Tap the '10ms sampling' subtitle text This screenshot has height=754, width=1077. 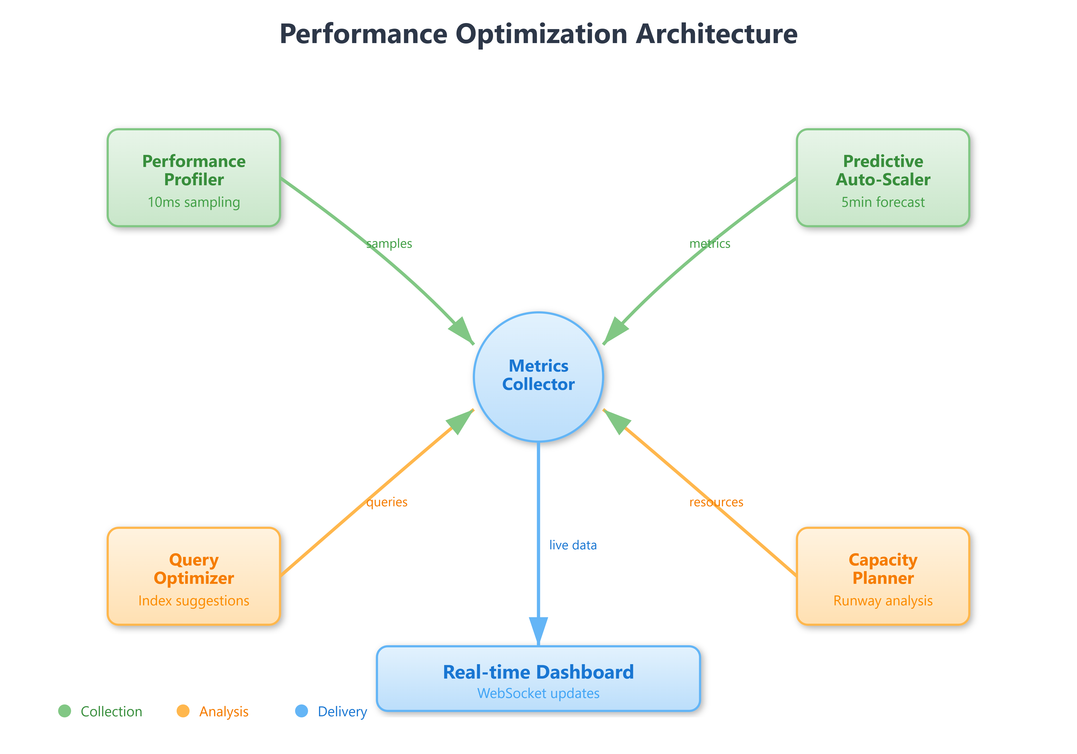[x=194, y=202]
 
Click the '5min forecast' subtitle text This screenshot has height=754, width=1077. [x=883, y=202]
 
